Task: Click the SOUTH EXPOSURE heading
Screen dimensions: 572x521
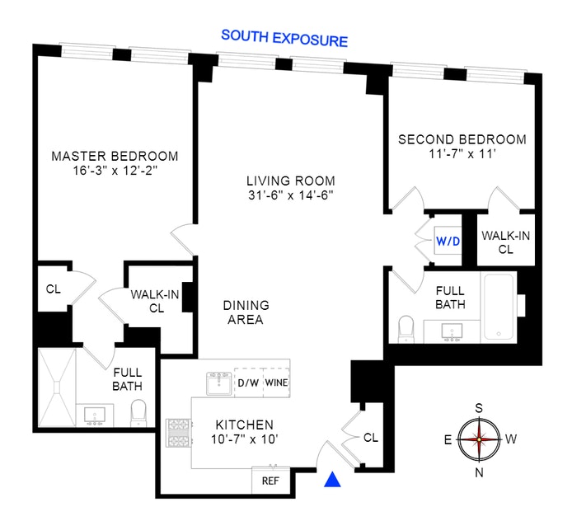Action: tap(284, 38)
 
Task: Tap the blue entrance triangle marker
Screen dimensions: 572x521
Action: tap(332, 480)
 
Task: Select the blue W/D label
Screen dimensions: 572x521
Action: tap(448, 242)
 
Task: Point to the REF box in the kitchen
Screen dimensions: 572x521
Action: tap(271, 481)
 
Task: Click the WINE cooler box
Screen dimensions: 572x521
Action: tap(276, 383)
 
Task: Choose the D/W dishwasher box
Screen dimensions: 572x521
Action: tap(247, 383)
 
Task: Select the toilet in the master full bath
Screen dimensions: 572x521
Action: tap(138, 410)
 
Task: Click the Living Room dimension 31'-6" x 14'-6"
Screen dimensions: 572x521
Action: tap(290, 196)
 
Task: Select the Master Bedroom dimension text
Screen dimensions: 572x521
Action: tap(115, 171)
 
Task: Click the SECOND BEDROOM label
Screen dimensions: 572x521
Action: tap(462, 139)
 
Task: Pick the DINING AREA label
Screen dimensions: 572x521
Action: tap(246, 312)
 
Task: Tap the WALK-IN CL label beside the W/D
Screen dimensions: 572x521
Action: tap(506, 242)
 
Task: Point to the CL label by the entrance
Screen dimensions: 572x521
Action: tap(370, 438)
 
